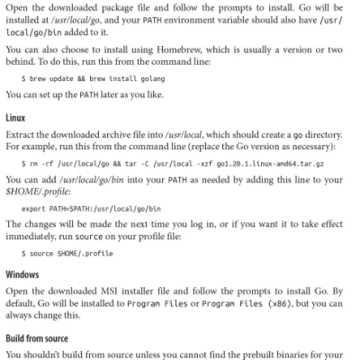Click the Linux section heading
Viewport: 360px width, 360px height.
click(x=15, y=118)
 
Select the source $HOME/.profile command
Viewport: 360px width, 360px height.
click(x=61, y=255)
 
